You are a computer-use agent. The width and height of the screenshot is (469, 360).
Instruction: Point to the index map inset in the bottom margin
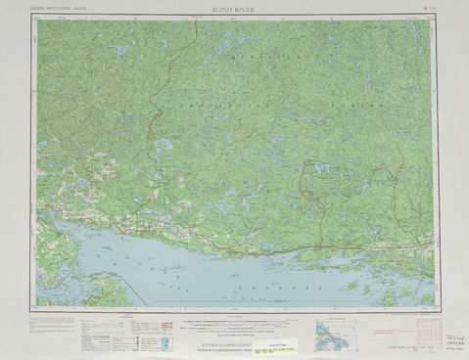pos(333,333)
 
